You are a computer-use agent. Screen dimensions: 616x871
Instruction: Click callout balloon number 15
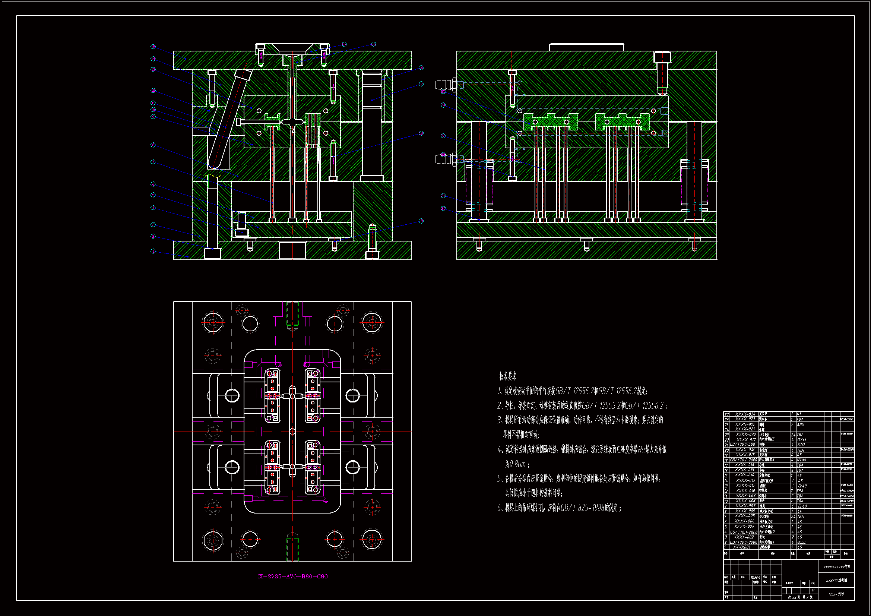click(153, 47)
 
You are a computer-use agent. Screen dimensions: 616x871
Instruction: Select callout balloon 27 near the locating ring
click(373, 44)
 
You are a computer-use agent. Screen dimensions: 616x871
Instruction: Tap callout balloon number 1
click(153, 251)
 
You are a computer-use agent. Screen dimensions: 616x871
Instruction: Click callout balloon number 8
click(153, 145)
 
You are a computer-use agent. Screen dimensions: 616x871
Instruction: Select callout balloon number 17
click(421, 84)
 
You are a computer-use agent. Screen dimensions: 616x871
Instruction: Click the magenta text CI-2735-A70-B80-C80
click(292, 576)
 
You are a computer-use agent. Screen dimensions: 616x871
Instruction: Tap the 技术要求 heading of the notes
click(507, 376)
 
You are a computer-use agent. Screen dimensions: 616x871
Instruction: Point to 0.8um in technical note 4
click(516, 464)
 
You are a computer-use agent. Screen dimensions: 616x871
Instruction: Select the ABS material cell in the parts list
click(801, 425)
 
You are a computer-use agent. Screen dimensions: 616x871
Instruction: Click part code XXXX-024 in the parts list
click(745, 414)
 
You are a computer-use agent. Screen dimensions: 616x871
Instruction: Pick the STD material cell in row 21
click(801, 445)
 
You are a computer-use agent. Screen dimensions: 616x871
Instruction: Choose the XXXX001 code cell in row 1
click(742, 547)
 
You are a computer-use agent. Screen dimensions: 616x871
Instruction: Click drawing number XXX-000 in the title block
click(836, 594)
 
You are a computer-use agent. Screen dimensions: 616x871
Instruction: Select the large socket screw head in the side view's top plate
click(662, 57)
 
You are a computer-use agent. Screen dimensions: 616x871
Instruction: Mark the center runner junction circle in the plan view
click(292, 432)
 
